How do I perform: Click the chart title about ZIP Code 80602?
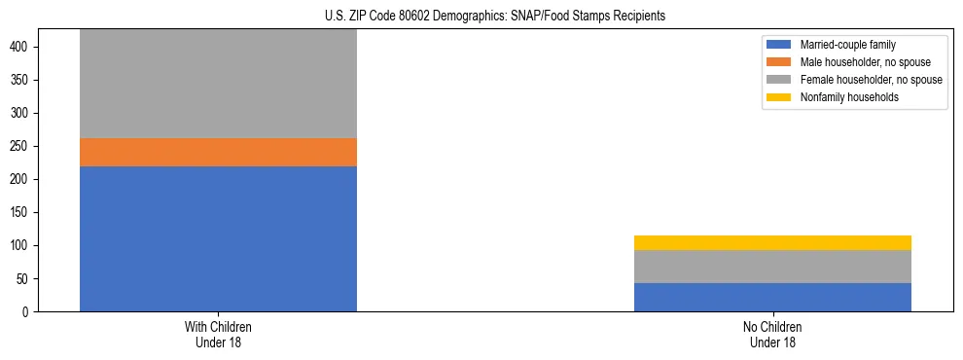click(x=495, y=17)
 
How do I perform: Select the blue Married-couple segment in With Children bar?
click(x=218, y=238)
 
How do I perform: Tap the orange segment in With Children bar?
click(x=218, y=152)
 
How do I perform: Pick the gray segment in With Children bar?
click(x=218, y=84)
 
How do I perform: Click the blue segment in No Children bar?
click(x=772, y=297)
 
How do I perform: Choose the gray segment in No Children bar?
click(x=772, y=267)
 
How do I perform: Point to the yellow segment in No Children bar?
click(x=772, y=242)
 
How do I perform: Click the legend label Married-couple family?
click(x=847, y=45)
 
